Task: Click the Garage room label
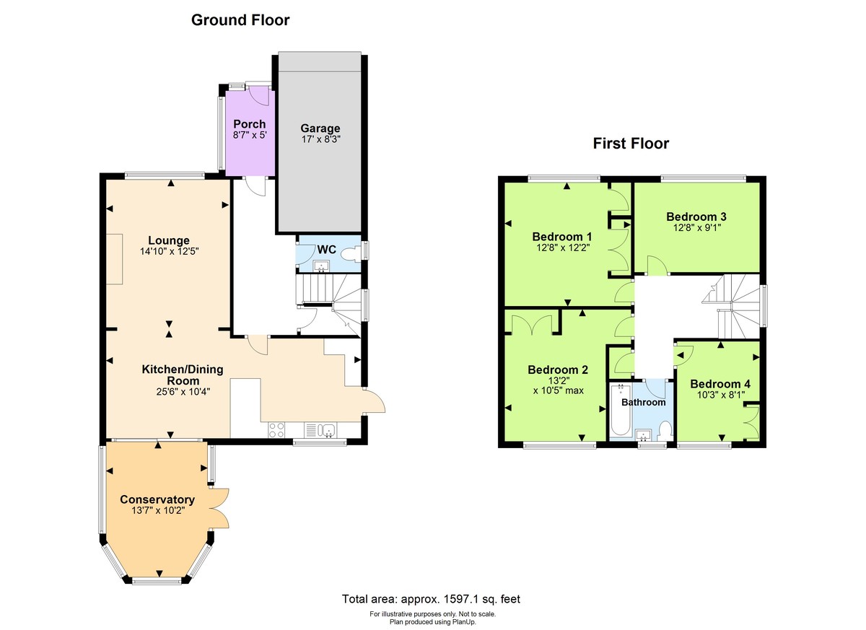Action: pyautogui.click(x=320, y=128)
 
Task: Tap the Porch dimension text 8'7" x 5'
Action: pyautogui.click(x=249, y=135)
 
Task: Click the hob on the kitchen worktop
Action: pyautogui.click(x=277, y=430)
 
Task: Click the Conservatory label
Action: pyautogui.click(x=157, y=499)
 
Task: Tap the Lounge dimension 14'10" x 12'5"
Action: pyautogui.click(x=169, y=252)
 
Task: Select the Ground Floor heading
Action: pyautogui.click(x=240, y=20)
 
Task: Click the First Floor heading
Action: pyautogui.click(x=631, y=144)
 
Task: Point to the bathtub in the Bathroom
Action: pyautogui.click(x=620, y=413)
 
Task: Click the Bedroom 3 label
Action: pyautogui.click(x=696, y=216)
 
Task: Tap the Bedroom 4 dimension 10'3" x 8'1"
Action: pyautogui.click(x=720, y=395)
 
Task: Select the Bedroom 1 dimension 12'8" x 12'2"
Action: pyautogui.click(x=561, y=248)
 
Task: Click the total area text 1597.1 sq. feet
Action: pyautogui.click(x=476, y=599)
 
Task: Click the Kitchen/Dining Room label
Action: pyautogui.click(x=182, y=375)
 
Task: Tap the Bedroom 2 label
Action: pyautogui.click(x=558, y=370)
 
